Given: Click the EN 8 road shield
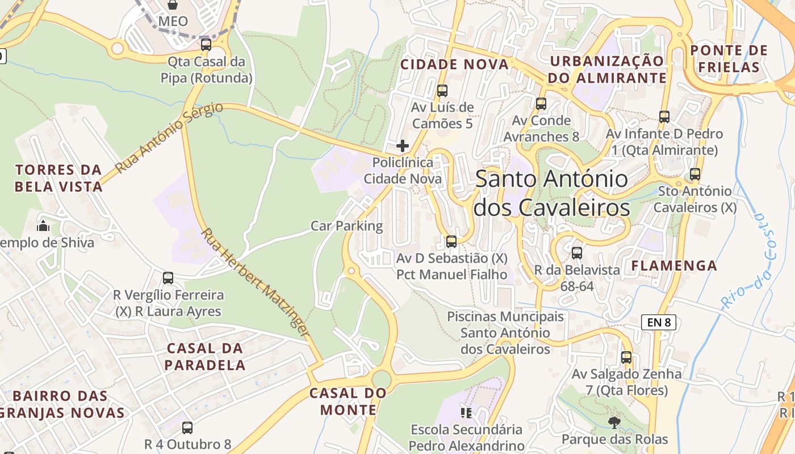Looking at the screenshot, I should click(x=659, y=322).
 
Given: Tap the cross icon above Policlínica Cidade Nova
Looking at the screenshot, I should click(x=403, y=146).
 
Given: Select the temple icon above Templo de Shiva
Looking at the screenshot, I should click(x=43, y=226).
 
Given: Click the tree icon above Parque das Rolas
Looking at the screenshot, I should click(x=614, y=422).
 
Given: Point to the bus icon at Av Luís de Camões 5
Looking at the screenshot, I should click(x=442, y=90).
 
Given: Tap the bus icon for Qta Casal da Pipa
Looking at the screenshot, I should click(x=206, y=44).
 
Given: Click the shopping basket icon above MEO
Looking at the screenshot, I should click(x=173, y=5).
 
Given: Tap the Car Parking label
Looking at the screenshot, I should click(x=347, y=226).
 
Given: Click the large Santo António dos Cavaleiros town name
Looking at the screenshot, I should click(x=551, y=193).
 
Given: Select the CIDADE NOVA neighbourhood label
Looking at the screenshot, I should click(x=454, y=64).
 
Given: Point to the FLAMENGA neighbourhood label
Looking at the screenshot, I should click(x=674, y=265).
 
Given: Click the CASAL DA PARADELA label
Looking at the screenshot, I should click(x=204, y=356).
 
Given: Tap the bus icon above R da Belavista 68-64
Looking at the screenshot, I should click(x=577, y=253).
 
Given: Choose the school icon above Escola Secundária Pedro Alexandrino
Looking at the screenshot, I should click(x=466, y=413).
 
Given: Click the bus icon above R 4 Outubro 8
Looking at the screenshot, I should click(x=187, y=427).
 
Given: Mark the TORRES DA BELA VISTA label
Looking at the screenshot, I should click(x=58, y=178).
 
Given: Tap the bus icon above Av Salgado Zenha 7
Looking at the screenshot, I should click(x=626, y=357).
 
